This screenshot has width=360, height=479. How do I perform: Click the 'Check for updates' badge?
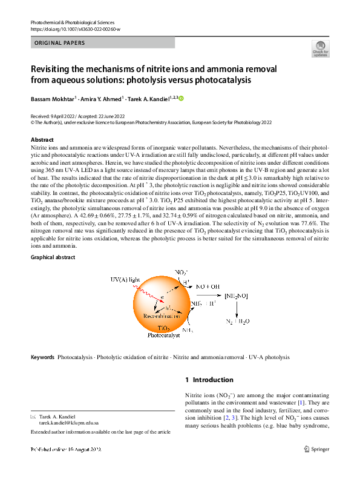click(319, 48)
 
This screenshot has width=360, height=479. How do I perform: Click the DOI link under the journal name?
click(75, 29)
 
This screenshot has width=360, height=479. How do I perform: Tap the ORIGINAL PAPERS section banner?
click(102, 43)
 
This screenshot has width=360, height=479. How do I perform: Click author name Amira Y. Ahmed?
click(102, 98)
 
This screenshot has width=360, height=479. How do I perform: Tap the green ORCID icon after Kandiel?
click(180, 98)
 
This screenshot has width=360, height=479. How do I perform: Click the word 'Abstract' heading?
click(42, 140)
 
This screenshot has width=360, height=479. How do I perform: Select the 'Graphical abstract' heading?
click(53, 258)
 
